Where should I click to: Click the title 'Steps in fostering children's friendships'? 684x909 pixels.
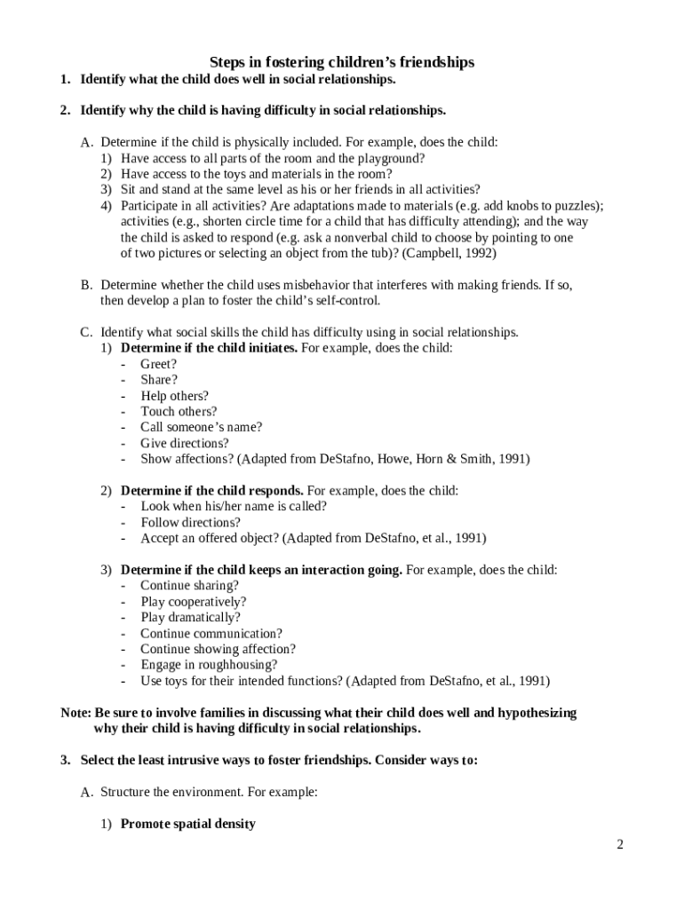pyautogui.click(x=342, y=62)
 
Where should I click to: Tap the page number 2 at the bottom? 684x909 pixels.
pyautogui.click(x=621, y=844)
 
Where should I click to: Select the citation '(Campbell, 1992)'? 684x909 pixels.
pyautogui.click(x=449, y=253)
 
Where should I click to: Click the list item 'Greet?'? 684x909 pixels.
pyautogui.click(x=158, y=364)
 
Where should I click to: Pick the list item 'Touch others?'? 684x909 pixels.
pyautogui.click(x=178, y=411)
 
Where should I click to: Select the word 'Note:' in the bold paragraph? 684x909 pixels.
pyautogui.click(x=76, y=713)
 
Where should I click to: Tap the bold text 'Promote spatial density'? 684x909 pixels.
pyautogui.click(x=187, y=824)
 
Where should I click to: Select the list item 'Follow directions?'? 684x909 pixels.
pyautogui.click(x=190, y=522)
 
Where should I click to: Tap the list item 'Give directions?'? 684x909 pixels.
pyautogui.click(x=184, y=443)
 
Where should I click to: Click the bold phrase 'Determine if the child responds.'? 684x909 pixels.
pyautogui.click(x=211, y=490)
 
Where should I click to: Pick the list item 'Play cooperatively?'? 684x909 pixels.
pyautogui.click(x=193, y=602)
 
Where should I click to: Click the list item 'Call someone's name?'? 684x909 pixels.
pyautogui.click(x=201, y=427)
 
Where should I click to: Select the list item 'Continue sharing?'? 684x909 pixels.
pyautogui.click(x=189, y=586)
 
